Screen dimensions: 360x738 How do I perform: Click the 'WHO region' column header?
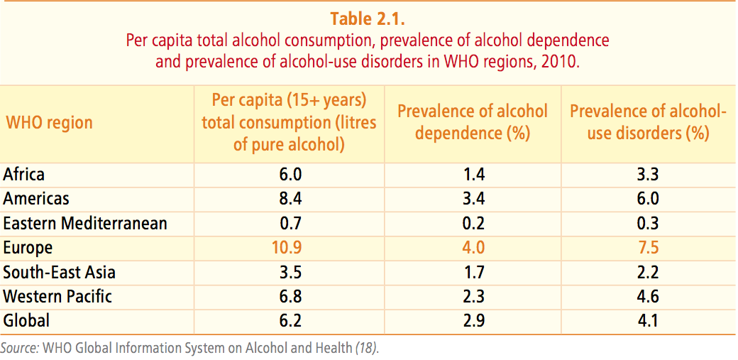[50, 122]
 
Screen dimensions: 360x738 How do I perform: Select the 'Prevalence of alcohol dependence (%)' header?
[473, 122]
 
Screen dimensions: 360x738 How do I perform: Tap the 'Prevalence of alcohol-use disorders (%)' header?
[649, 122]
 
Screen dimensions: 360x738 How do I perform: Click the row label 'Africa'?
[24, 174]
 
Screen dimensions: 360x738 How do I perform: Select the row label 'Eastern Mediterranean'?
[85, 223]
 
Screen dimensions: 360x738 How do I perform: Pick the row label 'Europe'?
[28, 248]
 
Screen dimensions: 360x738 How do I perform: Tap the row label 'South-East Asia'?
[60, 272]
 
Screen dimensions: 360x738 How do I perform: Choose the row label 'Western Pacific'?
[57, 296]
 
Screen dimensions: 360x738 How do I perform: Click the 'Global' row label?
[26, 320]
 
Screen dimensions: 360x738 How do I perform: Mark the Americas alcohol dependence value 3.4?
[473, 199]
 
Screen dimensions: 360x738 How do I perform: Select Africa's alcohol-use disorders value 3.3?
[649, 174]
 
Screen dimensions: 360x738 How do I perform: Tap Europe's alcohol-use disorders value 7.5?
[649, 248]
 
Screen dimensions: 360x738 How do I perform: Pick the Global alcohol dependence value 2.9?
[473, 320]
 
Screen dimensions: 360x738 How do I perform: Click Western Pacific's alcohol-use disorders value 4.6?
[649, 296]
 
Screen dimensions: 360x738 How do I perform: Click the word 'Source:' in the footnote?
[19, 349]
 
